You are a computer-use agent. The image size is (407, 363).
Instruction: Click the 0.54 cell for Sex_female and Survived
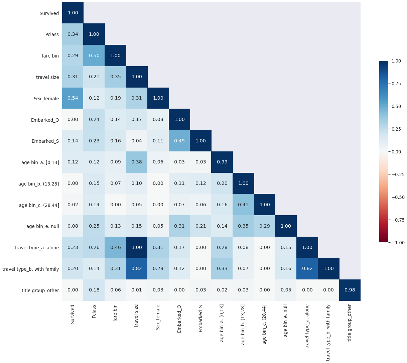coord(73,98)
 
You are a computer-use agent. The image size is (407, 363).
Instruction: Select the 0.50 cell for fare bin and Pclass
coord(94,55)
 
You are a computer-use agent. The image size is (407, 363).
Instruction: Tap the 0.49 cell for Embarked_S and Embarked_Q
coord(179,141)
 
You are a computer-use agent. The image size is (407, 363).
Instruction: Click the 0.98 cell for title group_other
coord(350,290)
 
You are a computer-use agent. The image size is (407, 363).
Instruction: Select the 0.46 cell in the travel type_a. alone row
coord(116,247)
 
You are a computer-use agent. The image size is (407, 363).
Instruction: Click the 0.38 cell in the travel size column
coord(137,162)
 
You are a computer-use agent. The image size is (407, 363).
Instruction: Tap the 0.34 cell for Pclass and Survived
coord(73,34)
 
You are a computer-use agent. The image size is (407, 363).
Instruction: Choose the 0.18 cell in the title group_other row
coord(94,290)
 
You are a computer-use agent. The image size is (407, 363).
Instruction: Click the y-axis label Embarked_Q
coord(45,120)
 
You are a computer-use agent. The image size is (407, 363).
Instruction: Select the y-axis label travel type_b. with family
coord(30,269)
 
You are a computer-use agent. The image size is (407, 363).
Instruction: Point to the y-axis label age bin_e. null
coord(42,226)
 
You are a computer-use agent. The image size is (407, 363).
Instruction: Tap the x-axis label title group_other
coord(350,323)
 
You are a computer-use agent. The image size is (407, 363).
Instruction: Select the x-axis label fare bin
coord(115,313)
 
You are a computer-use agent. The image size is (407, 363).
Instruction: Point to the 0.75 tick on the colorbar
coord(396,84)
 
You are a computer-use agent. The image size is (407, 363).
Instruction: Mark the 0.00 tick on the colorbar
coord(396,152)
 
